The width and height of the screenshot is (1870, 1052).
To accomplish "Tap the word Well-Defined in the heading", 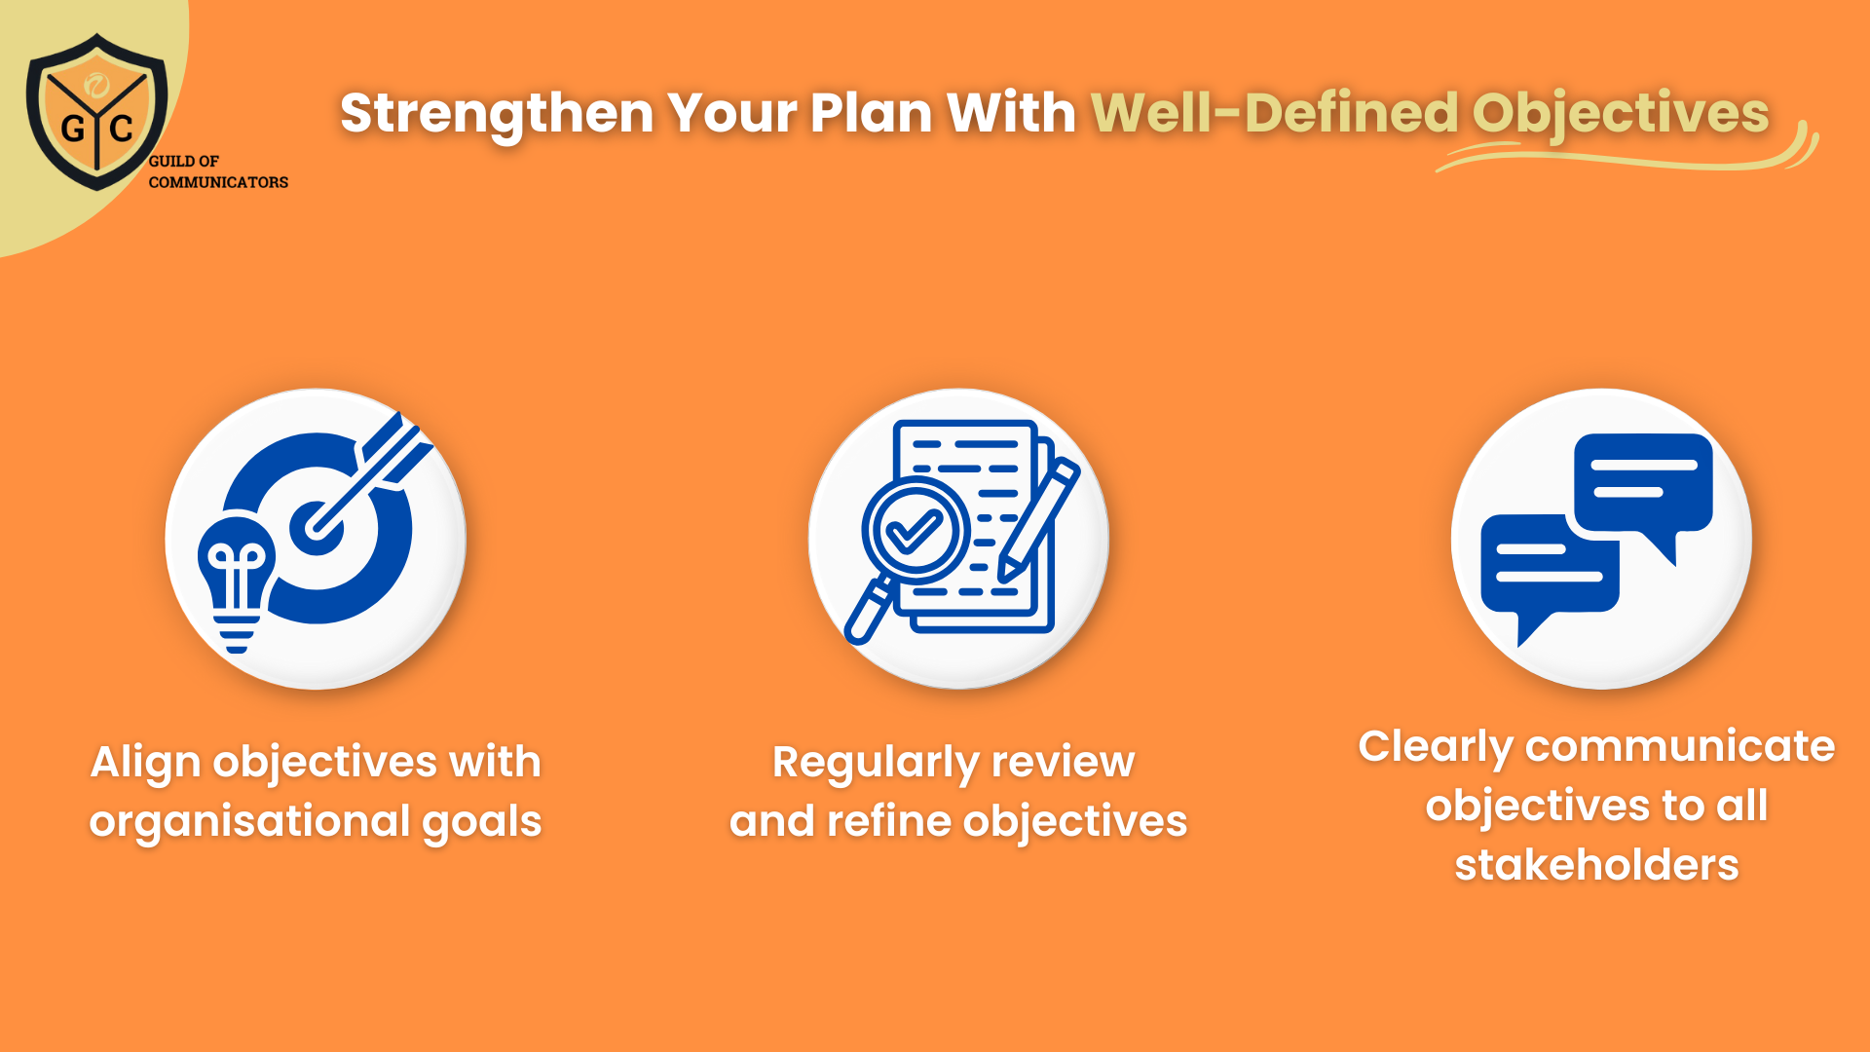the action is pyautogui.click(x=1275, y=112).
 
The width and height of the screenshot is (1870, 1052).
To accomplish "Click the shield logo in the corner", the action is pyautogui.click(x=96, y=111).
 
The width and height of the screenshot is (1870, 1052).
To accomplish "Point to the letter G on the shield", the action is pyautogui.click(x=73, y=128).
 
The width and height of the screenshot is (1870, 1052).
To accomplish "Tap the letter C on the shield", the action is pyautogui.click(x=122, y=128).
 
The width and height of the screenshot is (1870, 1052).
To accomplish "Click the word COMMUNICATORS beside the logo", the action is pyautogui.click(x=218, y=182).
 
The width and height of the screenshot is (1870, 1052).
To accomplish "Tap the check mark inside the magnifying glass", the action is pyautogui.click(x=914, y=532).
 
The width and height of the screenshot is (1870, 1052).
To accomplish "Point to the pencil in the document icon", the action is pyautogui.click(x=1038, y=520).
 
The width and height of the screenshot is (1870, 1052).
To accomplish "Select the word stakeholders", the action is pyautogui.click(x=1596, y=865).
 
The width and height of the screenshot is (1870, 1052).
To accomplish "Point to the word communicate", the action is pyautogui.click(x=1680, y=746).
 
